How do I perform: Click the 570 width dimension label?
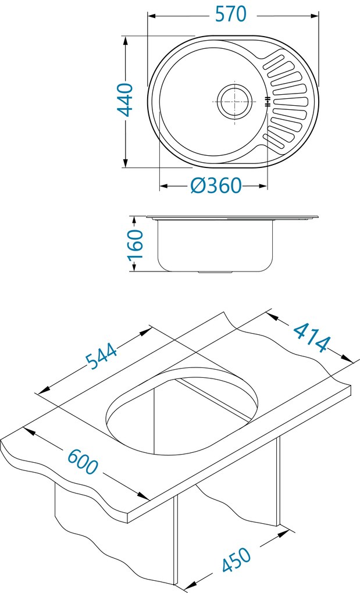point(231,14)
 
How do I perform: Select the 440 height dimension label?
point(125,100)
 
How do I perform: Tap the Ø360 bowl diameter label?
point(215,185)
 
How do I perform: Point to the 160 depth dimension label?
point(134,244)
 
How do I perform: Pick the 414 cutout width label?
point(311,337)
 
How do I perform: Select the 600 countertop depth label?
point(83,462)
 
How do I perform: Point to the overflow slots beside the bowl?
point(267,102)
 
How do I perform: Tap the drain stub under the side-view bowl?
point(215,272)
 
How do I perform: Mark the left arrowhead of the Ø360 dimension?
point(163,186)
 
